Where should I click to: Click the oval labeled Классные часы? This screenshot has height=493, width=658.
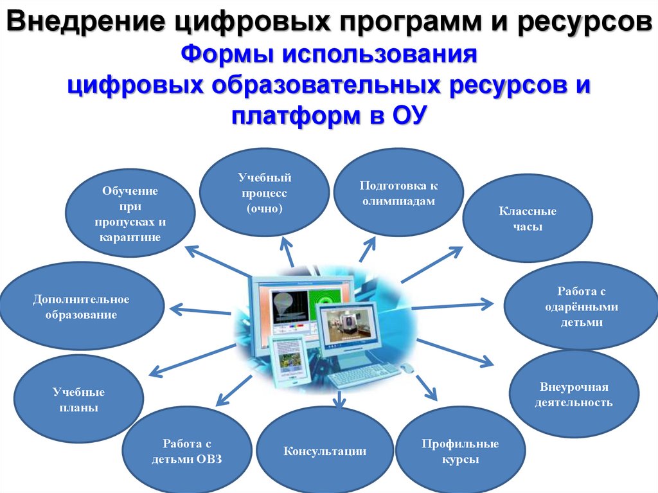pos(528,219)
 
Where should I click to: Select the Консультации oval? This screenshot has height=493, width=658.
pos(325,451)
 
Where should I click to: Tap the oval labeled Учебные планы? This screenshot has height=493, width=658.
pos(78,400)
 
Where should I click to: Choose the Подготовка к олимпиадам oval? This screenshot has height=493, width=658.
pos(398,193)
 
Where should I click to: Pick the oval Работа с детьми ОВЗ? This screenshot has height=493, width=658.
pos(186,451)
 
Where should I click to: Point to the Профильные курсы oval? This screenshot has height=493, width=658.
pos(460,451)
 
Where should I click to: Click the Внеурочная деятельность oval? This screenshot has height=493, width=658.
pos(574,394)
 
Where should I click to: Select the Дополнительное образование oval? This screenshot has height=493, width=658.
pos(82,307)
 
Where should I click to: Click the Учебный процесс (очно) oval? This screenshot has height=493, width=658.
pos(264,192)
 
